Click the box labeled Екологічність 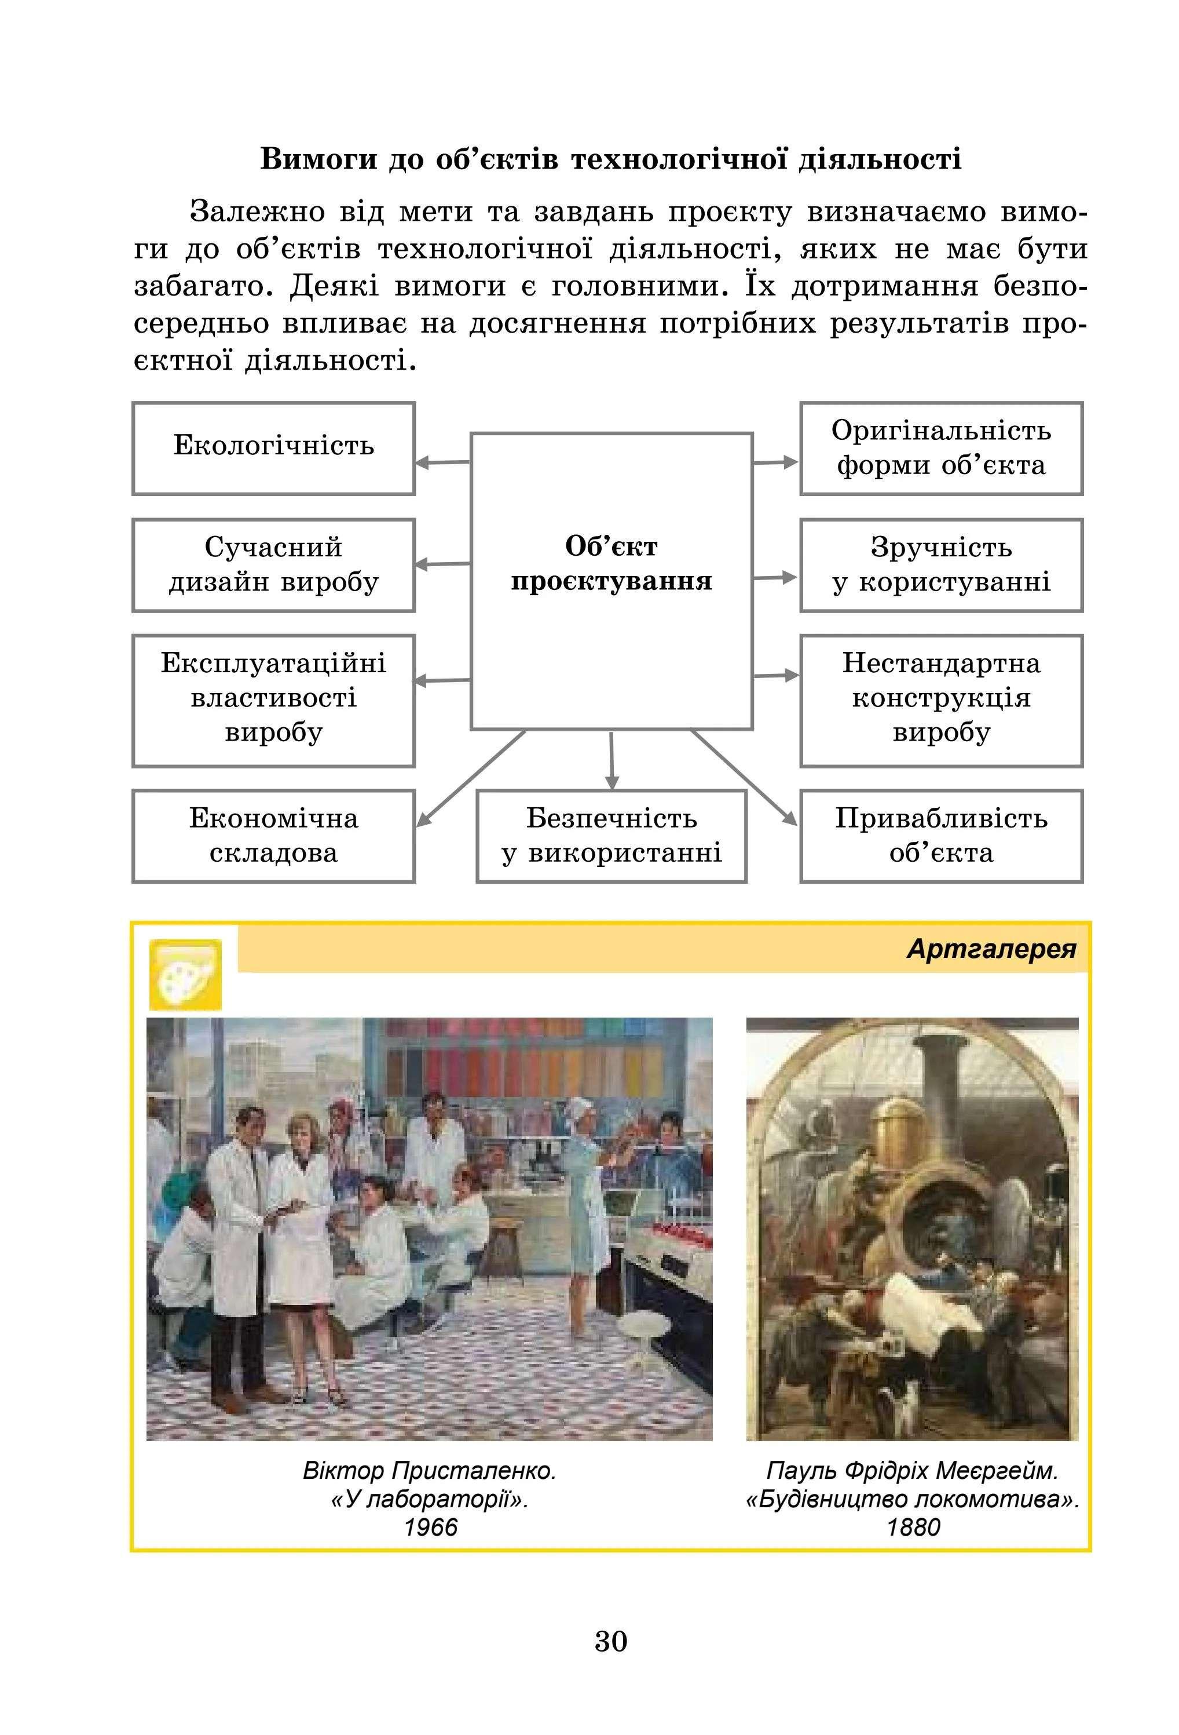[273, 448]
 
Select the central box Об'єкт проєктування [610, 580]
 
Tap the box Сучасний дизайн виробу [273, 565]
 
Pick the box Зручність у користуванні [940, 565]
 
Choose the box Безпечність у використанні [610, 836]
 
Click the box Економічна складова [273, 836]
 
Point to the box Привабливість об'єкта [940, 836]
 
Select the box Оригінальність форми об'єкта [940, 448]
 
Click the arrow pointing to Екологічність [442, 462]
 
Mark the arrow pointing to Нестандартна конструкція [775, 676]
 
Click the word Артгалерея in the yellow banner [991, 949]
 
